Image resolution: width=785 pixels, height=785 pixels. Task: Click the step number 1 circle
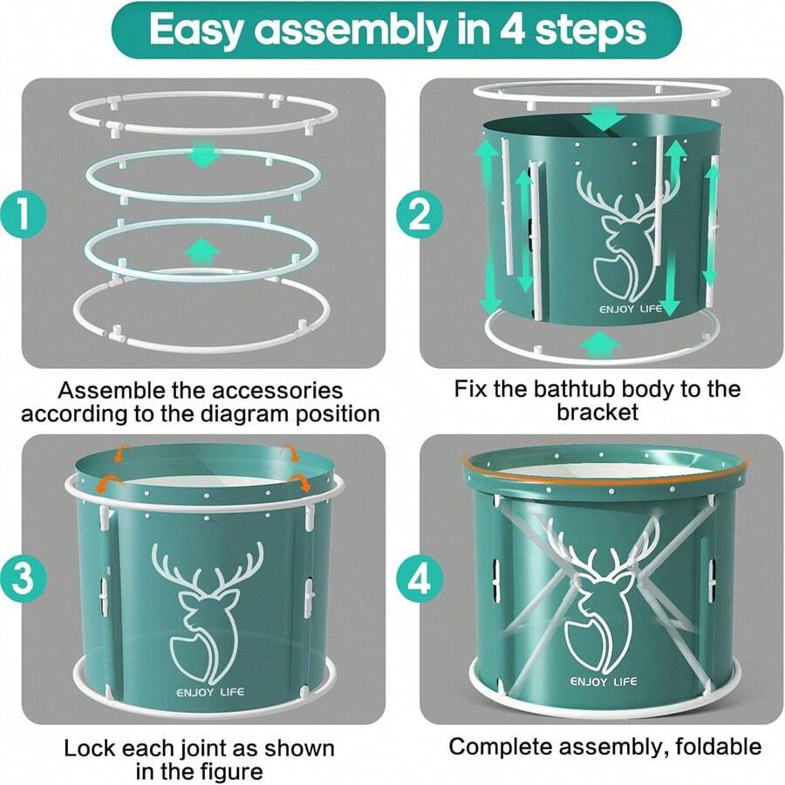(x=23, y=215)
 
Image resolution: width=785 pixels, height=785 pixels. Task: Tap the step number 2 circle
(x=420, y=215)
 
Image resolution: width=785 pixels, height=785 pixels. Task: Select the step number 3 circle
(x=23, y=579)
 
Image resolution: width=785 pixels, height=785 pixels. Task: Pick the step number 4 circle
(x=420, y=579)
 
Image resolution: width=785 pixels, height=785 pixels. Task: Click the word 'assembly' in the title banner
(x=350, y=31)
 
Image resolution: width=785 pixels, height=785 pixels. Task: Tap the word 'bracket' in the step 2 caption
(x=597, y=413)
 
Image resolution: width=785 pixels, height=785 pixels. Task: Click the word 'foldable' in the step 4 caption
(x=718, y=747)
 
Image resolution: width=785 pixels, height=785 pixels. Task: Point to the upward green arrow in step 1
(x=202, y=252)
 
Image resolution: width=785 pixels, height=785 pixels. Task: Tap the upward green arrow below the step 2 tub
(x=600, y=345)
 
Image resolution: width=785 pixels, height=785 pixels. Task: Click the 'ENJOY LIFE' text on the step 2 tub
(x=631, y=309)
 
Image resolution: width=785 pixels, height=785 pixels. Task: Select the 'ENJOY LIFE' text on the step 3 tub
(x=210, y=693)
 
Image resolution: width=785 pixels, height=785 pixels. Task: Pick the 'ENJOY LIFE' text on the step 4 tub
(x=604, y=681)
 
